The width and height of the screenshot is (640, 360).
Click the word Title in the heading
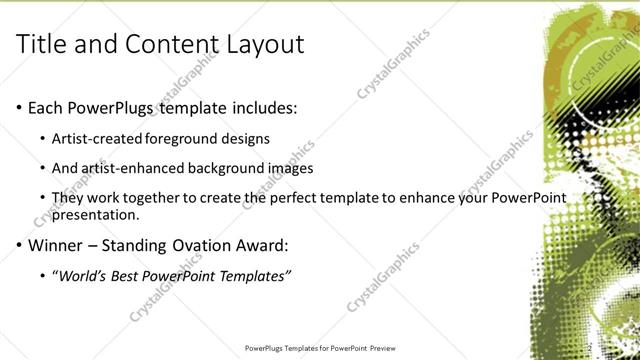[44, 44]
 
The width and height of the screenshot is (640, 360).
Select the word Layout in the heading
[263, 44]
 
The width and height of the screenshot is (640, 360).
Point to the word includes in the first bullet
[265, 106]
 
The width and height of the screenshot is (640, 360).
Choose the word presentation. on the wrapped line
[97, 214]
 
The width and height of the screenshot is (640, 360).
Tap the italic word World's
[87, 276]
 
